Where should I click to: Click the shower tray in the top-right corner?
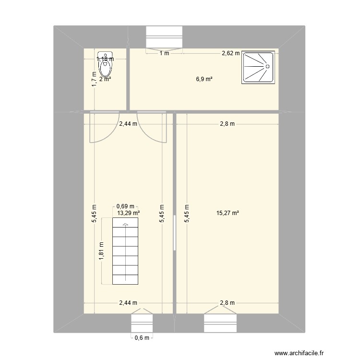click(259, 67)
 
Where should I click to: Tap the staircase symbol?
click(125, 251)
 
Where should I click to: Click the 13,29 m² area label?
click(128, 213)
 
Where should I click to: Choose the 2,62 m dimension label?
click(230, 53)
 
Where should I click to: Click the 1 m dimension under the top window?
click(165, 53)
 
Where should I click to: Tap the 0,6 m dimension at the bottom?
click(142, 337)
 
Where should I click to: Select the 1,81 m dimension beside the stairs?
click(102, 251)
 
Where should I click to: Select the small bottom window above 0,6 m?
click(142, 323)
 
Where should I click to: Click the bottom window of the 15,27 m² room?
click(221, 323)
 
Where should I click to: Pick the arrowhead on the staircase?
click(126, 224)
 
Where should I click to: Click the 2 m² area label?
click(105, 79)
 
